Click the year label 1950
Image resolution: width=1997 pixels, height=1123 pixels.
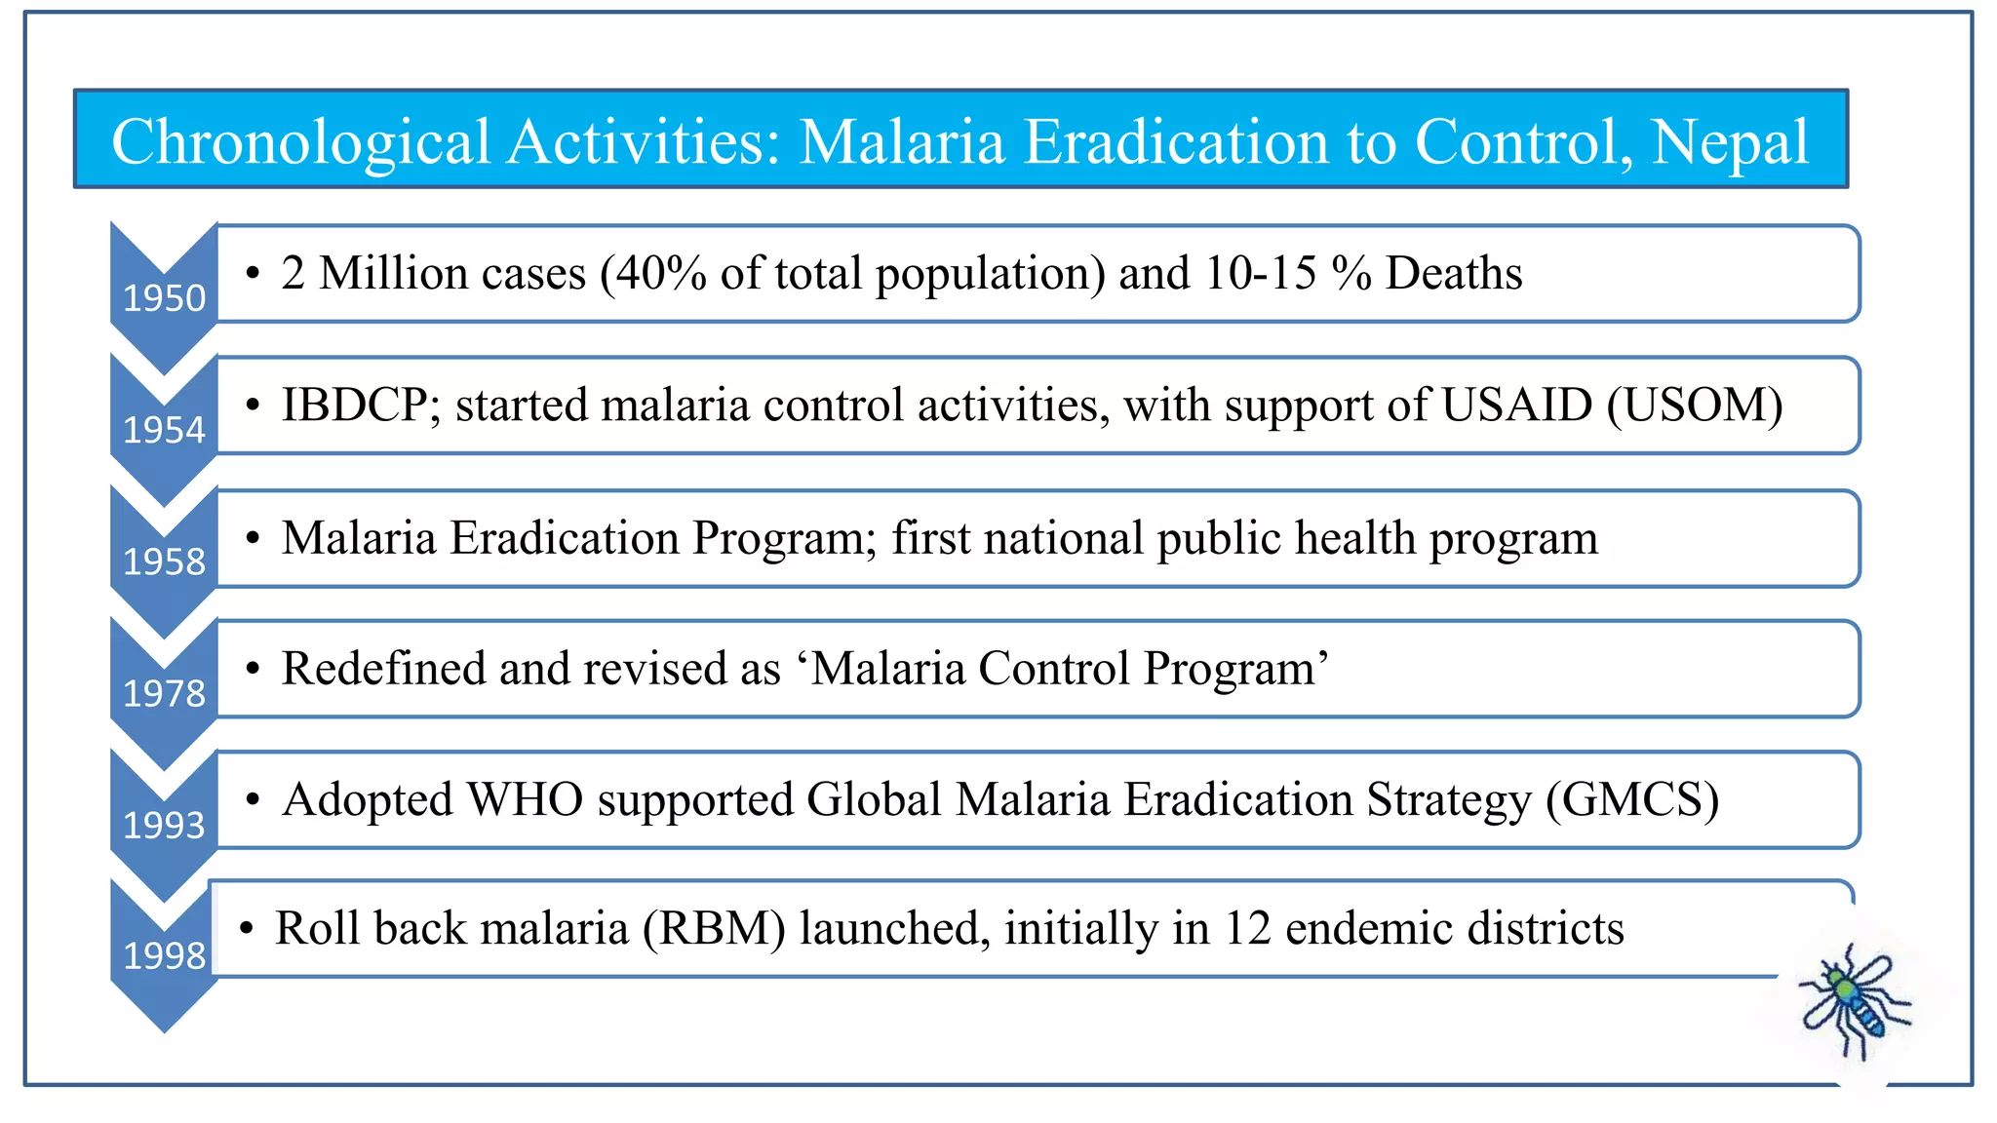[x=164, y=297]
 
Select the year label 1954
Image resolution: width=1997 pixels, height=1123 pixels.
[x=164, y=430]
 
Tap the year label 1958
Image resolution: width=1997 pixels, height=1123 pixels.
[x=164, y=561]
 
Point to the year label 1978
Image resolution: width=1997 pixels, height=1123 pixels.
[x=164, y=693]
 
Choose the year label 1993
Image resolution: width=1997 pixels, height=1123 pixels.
[x=164, y=826]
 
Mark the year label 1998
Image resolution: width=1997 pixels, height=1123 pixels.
[x=164, y=956]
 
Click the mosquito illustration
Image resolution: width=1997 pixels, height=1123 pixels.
[x=1853, y=999]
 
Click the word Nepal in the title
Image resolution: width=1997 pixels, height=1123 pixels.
[x=1730, y=142]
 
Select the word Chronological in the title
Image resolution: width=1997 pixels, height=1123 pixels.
[x=300, y=142]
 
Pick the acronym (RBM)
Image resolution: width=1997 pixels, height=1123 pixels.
[x=714, y=928]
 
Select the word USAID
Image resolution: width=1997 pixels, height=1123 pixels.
[x=1516, y=406]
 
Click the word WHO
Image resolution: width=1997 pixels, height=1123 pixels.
[x=526, y=800]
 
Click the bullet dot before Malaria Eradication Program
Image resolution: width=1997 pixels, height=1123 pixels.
[x=254, y=538]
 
